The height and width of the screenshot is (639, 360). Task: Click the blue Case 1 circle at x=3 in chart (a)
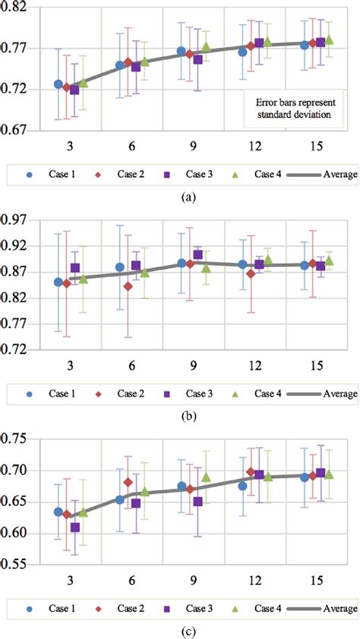(58, 84)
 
